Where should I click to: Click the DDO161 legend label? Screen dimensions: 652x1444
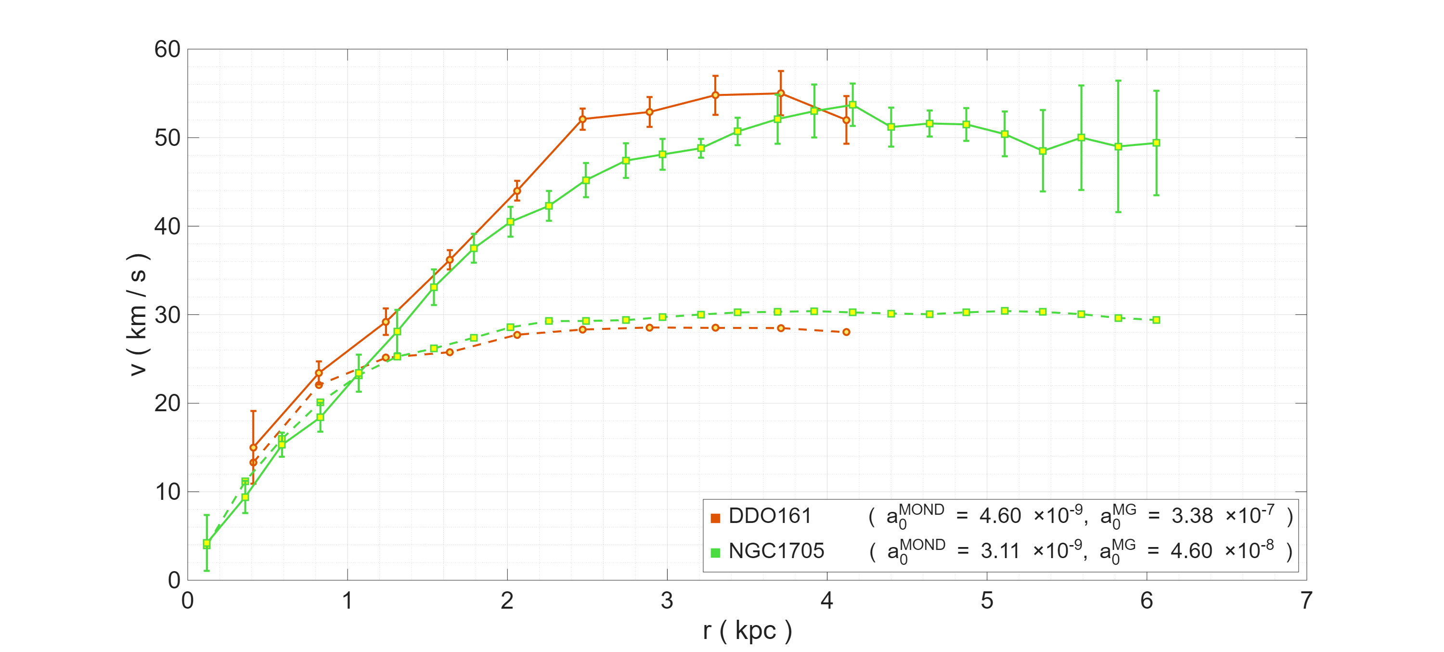[769, 516]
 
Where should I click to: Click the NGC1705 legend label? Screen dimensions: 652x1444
[776, 551]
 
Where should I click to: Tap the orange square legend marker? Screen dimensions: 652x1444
[715, 518]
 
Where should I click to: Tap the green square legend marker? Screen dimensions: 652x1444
[715, 553]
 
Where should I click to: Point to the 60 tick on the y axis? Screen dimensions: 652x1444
[167, 50]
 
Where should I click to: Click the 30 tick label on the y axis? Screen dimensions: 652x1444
[167, 315]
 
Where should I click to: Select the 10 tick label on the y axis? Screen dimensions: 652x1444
[167, 492]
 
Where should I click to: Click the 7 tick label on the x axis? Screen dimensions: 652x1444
[1306, 601]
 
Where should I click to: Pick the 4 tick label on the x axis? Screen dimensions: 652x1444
[827, 601]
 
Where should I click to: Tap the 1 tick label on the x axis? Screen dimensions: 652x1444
[348, 601]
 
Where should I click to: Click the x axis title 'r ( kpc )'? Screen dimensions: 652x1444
[747, 631]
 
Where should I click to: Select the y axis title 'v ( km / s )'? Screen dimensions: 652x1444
[137, 314]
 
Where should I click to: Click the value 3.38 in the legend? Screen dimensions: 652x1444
[1192, 516]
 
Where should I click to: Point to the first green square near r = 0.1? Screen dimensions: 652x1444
[207, 543]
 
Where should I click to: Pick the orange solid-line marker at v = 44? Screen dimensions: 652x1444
[517, 191]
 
